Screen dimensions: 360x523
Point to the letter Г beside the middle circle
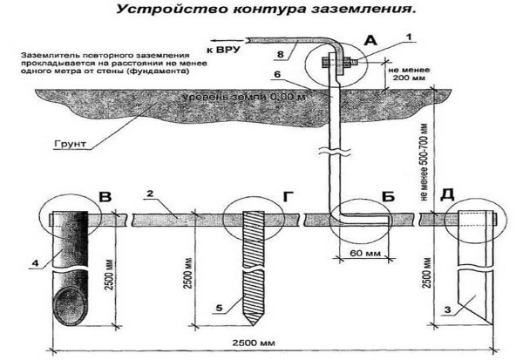tap(288, 197)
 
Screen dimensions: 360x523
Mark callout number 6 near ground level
tap(300, 76)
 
